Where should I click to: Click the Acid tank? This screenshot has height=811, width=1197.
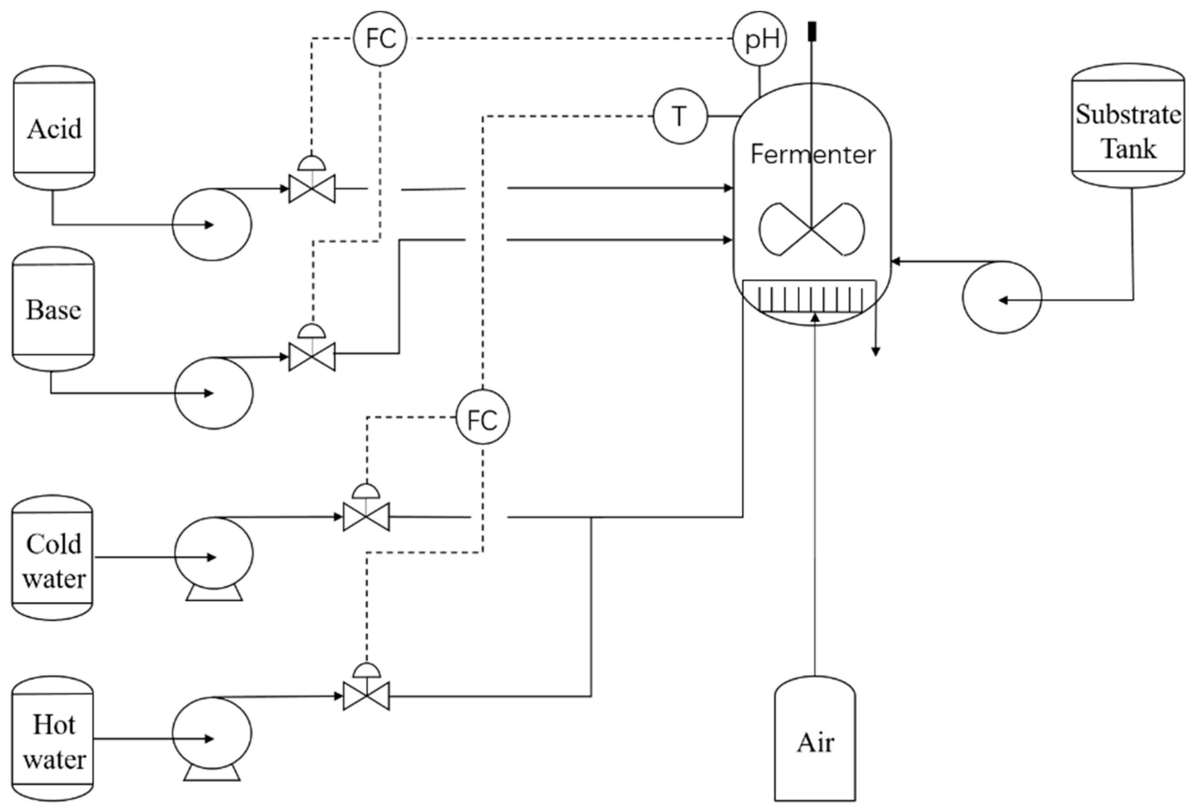pyautogui.click(x=54, y=128)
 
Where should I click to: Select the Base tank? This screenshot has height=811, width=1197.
pyautogui.click(x=54, y=309)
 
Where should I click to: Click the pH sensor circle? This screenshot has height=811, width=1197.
pyautogui.click(x=760, y=39)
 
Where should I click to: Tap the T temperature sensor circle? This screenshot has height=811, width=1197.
pyautogui.click(x=680, y=117)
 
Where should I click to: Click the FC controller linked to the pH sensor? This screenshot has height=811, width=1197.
pyautogui.click(x=380, y=39)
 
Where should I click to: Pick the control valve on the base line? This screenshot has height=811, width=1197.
pyautogui.click(x=312, y=356)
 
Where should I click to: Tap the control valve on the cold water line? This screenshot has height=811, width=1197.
pyautogui.click(x=366, y=516)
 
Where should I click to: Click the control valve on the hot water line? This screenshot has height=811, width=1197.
pyautogui.click(x=366, y=696)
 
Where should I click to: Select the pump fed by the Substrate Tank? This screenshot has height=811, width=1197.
pyautogui.click(x=1002, y=297)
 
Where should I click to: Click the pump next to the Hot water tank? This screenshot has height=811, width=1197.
pyautogui.click(x=212, y=733)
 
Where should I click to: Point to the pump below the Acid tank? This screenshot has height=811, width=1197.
pyautogui.click(x=212, y=224)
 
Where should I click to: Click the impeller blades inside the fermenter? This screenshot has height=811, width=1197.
pyautogui.click(x=812, y=229)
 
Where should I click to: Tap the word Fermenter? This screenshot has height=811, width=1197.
pyautogui.click(x=812, y=154)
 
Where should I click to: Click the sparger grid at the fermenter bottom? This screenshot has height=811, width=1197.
pyautogui.click(x=810, y=297)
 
